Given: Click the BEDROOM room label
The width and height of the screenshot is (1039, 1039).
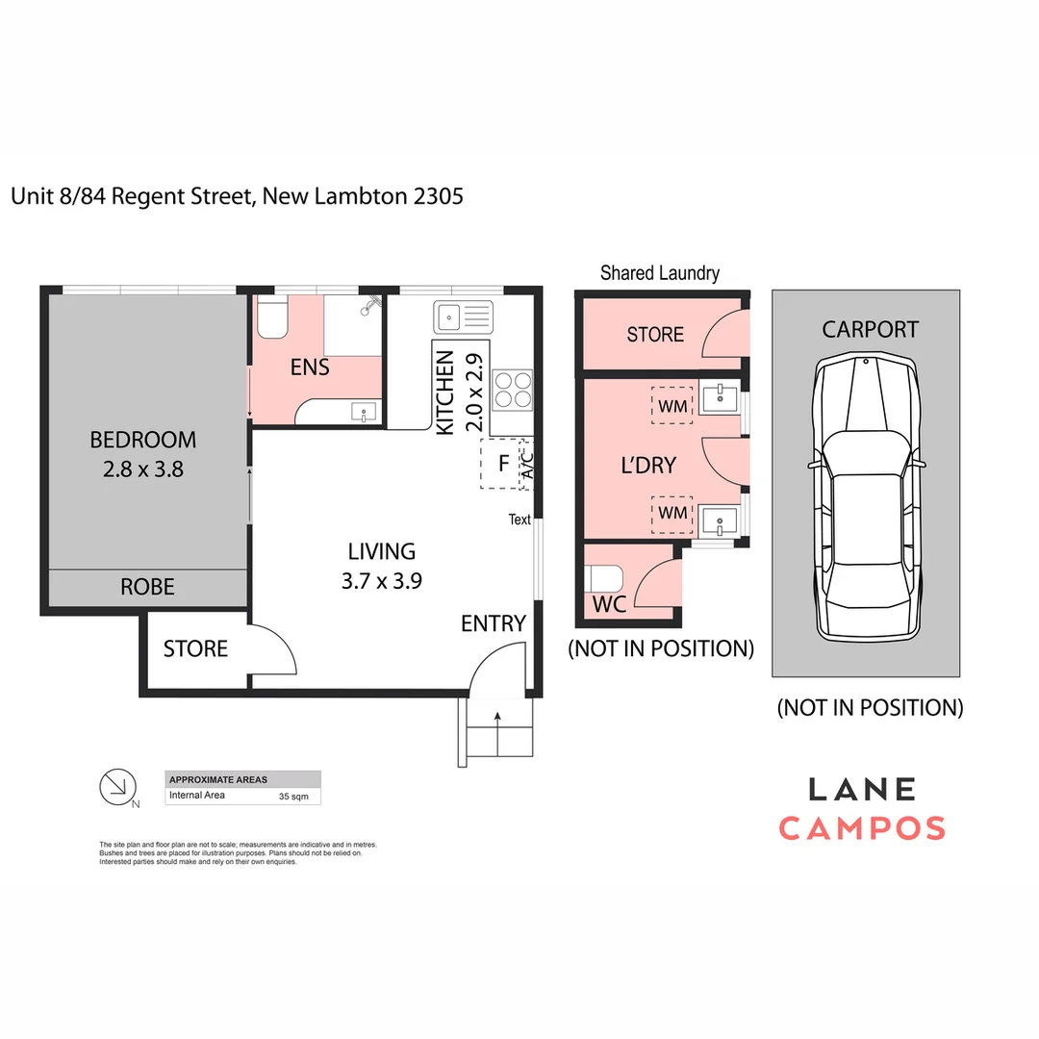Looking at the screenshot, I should click(142, 440).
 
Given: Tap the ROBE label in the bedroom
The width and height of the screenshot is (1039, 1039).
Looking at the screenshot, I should click(147, 586).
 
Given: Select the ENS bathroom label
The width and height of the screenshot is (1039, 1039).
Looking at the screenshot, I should click(309, 367).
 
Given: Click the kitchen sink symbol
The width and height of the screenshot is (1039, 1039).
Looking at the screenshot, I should click(463, 315).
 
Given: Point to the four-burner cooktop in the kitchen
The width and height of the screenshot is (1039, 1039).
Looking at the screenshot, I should click(512, 390).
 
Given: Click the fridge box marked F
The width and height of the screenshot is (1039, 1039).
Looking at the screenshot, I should click(501, 464).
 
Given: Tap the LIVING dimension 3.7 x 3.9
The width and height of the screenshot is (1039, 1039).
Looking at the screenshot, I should click(382, 581).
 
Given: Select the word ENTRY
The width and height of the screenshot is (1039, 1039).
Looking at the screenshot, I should click(493, 623).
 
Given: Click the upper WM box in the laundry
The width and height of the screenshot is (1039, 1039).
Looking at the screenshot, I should click(672, 406).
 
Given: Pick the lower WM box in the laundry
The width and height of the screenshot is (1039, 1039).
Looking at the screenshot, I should click(672, 513).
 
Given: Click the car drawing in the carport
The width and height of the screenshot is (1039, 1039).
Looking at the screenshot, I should click(866, 498).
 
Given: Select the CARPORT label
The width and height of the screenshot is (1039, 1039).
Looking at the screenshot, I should click(870, 329).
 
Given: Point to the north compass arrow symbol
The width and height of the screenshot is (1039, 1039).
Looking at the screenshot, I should click(115, 787).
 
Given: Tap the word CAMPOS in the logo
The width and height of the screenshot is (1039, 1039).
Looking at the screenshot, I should click(861, 828).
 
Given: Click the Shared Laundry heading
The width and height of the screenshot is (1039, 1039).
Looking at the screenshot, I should click(659, 273).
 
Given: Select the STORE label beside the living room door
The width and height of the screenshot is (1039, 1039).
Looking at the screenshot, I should click(195, 649).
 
